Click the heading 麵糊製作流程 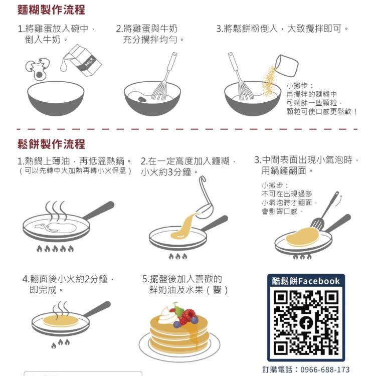point(51,10)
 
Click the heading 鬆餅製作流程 point(51,144)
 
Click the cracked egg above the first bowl point(38,69)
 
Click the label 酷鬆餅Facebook point(306,281)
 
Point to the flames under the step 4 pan point(60,343)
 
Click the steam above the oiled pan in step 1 point(56,211)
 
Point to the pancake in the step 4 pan point(60,320)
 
